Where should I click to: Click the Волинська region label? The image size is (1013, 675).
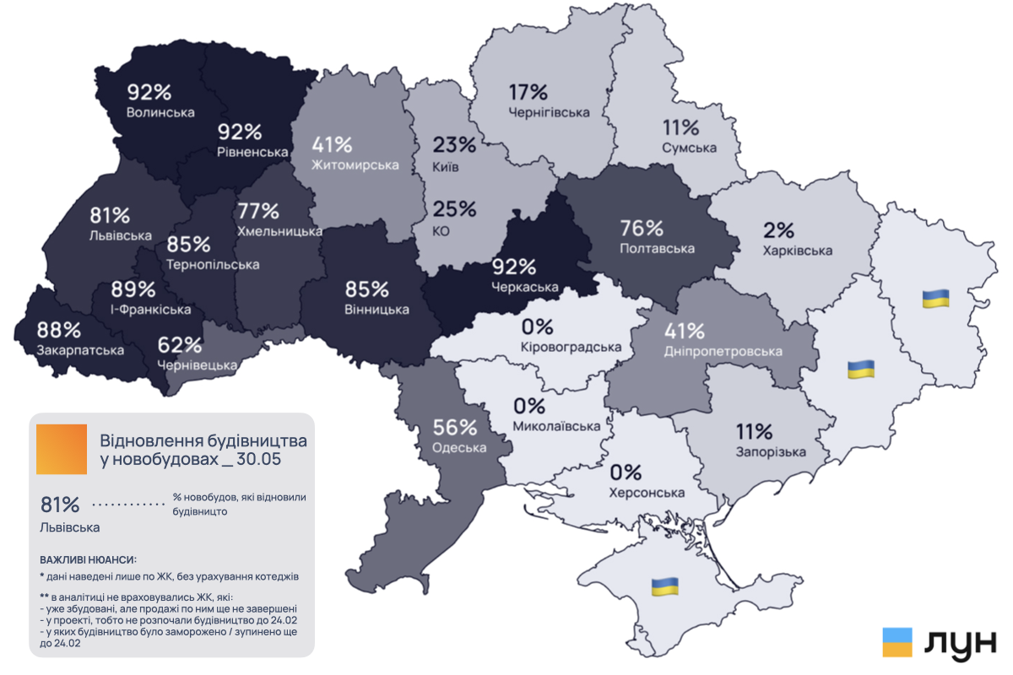[x=160, y=111]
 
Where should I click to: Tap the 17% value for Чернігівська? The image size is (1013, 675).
[x=528, y=92]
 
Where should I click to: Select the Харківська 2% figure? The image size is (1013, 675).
[x=779, y=229]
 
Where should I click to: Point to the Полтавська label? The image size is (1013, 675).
[x=657, y=248]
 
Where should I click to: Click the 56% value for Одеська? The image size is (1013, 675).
[x=455, y=428]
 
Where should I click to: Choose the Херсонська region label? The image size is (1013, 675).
[x=647, y=493]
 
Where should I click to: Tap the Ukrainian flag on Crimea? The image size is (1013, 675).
[x=665, y=586]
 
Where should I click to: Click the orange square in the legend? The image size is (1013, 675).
[x=62, y=449]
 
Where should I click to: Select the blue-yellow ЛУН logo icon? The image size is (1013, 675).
[x=897, y=642]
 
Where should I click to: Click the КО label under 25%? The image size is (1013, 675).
[x=441, y=230]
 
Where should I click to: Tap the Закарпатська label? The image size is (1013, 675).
[x=74, y=348]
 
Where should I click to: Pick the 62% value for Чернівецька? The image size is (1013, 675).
[x=180, y=344]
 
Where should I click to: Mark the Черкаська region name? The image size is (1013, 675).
[x=525, y=288]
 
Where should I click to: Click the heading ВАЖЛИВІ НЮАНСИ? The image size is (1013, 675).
[x=88, y=559]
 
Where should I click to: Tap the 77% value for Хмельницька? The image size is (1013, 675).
[x=258, y=210]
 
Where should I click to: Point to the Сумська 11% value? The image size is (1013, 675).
[x=680, y=128]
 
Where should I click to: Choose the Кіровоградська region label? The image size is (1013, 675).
[x=572, y=346]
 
